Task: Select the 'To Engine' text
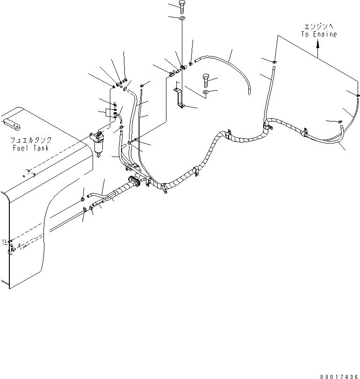pyautogui.click(x=318, y=35)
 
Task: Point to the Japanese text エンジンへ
pyautogui.click(x=318, y=27)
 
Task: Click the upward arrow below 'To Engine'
pyautogui.click(x=318, y=45)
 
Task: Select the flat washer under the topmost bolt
pyautogui.click(x=181, y=18)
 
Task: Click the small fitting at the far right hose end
pyautogui.click(x=358, y=95)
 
